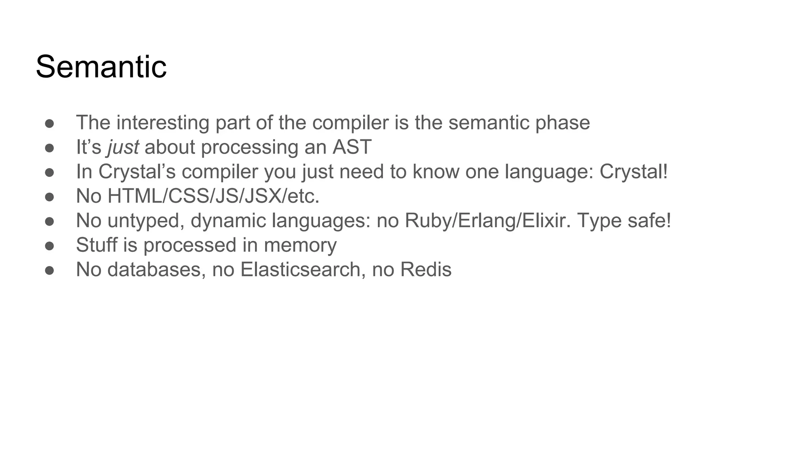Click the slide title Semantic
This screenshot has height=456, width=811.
point(101,66)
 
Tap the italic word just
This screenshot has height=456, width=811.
point(123,147)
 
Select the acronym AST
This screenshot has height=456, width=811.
point(352,147)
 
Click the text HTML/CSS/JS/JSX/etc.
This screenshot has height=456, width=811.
point(213,196)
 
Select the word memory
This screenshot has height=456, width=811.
point(300,245)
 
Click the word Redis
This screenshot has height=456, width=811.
point(426,270)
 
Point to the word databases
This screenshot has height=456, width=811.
point(156,270)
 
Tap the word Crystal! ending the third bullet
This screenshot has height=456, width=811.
point(634,172)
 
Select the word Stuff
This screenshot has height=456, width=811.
point(96,245)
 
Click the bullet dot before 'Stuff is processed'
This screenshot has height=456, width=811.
point(49,246)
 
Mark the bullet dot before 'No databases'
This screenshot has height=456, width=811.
point(49,270)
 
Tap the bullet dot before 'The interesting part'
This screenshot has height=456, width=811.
point(49,123)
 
